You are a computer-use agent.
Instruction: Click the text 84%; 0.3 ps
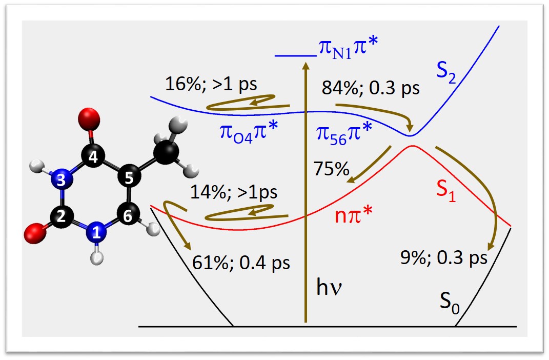pyautogui.click(x=370, y=88)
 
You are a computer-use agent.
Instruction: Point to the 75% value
pyautogui.click(x=332, y=169)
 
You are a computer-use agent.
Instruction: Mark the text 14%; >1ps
pyautogui.click(x=233, y=192)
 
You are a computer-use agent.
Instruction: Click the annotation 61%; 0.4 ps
pyautogui.click(x=240, y=263)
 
